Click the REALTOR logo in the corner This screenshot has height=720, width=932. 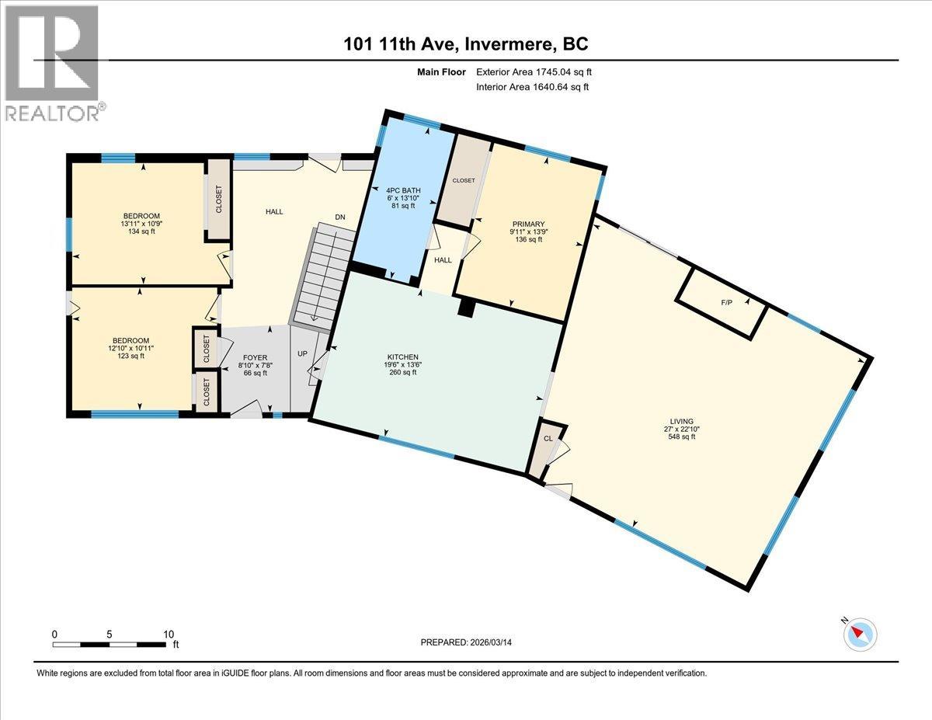click(x=51, y=62)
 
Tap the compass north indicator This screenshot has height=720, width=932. click(x=861, y=634)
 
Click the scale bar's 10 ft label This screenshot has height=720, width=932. click(x=169, y=634)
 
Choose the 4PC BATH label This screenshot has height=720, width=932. click(x=402, y=189)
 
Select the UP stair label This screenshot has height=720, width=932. click(x=302, y=353)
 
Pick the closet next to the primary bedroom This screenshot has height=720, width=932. click(x=464, y=180)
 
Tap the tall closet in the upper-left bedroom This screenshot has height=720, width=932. click(x=218, y=200)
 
